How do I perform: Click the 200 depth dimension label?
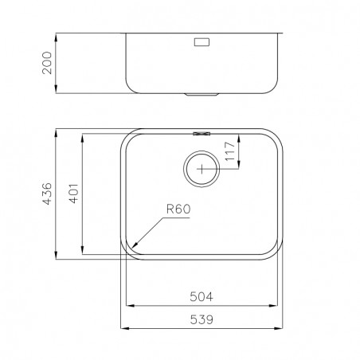pyautogui.click(x=47, y=63)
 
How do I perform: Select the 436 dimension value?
pyautogui.click(x=47, y=194)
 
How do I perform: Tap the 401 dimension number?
pyautogui.click(x=74, y=194)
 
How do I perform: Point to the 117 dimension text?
pyautogui.click(x=230, y=151)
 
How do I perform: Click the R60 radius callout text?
pyautogui.click(x=178, y=209)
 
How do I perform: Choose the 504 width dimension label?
pyautogui.click(x=202, y=296)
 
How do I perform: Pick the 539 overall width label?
pyautogui.click(x=202, y=319)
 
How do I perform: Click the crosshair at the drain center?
pyautogui.click(x=202, y=169)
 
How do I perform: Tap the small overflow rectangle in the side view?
pyautogui.click(x=202, y=42)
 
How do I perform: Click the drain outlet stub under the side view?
pyautogui.click(x=202, y=95)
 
